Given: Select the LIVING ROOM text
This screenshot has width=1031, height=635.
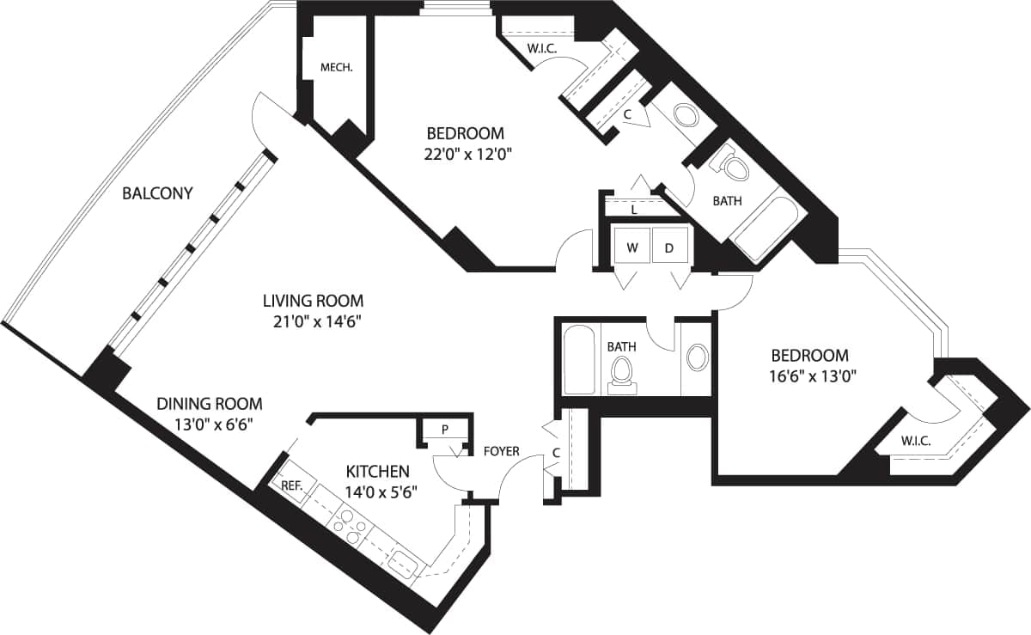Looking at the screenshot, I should tap(313, 301).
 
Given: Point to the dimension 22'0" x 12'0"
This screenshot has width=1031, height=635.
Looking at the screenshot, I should tap(464, 155).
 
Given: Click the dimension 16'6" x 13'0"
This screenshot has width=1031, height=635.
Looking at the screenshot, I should tap(809, 376).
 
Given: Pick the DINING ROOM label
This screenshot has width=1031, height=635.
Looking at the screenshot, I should tap(209, 403).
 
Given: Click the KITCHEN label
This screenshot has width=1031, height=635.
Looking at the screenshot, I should tap(377, 471).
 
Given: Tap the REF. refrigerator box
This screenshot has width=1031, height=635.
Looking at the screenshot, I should tap(291, 485).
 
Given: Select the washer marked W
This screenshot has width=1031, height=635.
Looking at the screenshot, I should tap(632, 248).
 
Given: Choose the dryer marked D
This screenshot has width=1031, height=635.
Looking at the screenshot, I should tap(669, 248).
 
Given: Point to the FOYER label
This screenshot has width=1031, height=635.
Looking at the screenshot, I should tap(502, 451).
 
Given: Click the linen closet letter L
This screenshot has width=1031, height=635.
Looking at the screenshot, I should tap(634, 209).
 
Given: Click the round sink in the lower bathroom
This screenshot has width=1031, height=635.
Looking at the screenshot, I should tap(698, 357).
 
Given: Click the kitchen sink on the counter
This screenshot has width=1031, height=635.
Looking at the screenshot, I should tap(402, 564).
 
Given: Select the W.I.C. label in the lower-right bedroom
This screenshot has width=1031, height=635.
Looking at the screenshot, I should tap(916, 442).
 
